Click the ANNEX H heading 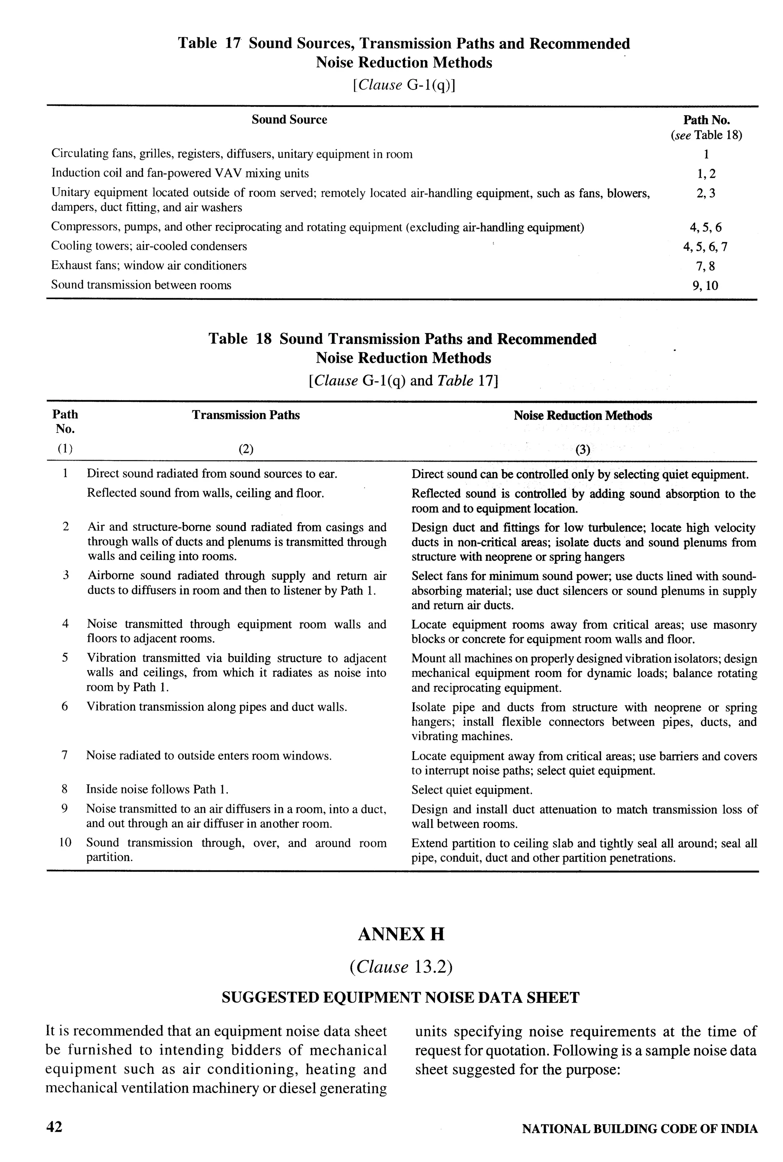401,934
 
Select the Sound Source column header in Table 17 289,119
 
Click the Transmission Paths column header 246,415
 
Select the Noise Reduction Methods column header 582,416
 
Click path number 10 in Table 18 65,843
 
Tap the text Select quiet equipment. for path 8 472,790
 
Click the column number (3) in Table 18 582,449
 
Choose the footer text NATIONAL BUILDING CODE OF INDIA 640,1128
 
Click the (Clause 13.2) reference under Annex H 401,967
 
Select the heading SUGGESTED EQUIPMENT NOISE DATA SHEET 401,998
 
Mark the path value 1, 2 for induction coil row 706,174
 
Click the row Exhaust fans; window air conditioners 149,266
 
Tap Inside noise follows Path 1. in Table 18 157,789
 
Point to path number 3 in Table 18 65,576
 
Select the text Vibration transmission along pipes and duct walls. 217,707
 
